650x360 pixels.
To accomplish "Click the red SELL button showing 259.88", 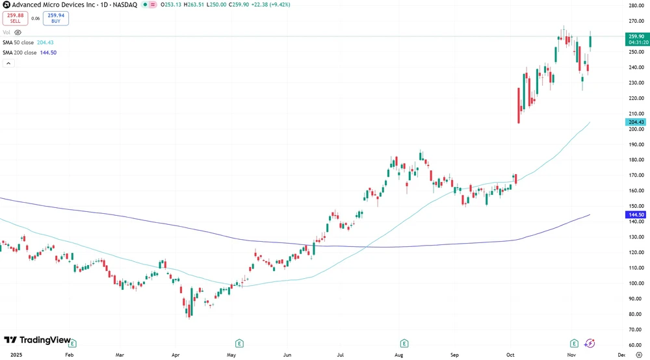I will tap(15, 18).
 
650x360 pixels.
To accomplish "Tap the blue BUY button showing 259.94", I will tap(56, 18).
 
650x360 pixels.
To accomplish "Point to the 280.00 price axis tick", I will tap(636, 6).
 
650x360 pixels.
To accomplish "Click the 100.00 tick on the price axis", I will tap(636, 283).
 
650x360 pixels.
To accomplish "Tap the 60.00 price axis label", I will tap(636, 345).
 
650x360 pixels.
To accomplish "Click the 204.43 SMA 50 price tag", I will tap(636, 122).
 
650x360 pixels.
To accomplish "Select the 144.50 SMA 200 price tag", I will tap(636, 214).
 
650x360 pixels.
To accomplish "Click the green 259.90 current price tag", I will tap(636, 37).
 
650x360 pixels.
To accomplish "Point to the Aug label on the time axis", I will tap(399, 355).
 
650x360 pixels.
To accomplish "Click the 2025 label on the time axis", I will tap(10, 355).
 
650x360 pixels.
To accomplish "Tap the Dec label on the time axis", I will tap(621, 355).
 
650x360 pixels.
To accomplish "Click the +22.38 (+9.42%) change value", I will tap(270, 5).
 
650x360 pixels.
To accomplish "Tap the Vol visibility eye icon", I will tap(18, 32).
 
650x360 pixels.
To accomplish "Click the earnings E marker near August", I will tap(404, 343).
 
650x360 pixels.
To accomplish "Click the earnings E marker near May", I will tap(239, 343).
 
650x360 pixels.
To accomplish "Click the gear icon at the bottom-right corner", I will tap(638, 355).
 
